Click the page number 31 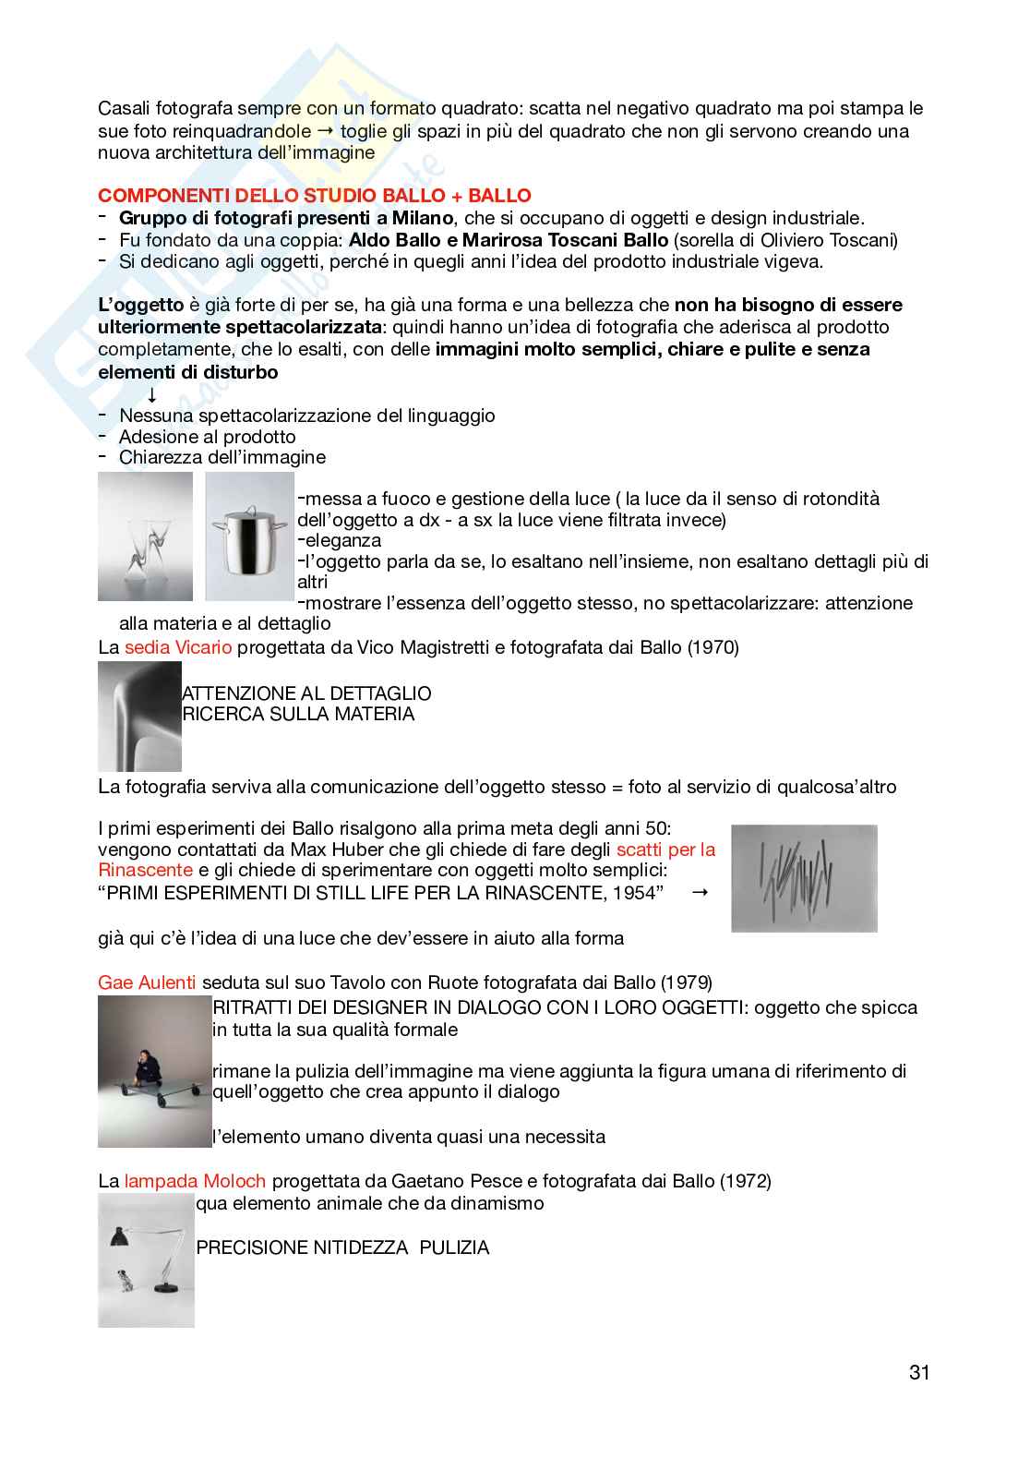pyautogui.click(x=918, y=1372)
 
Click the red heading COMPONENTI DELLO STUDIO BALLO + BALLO pyautogui.click(x=314, y=196)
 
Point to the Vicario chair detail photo pyautogui.click(x=139, y=717)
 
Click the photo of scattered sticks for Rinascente pyautogui.click(x=803, y=878)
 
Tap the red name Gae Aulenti pyautogui.click(x=147, y=982)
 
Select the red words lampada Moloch pyautogui.click(x=195, y=1181)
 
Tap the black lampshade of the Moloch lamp pyautogui.click(x=119, y=1235)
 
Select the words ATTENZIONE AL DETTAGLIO pyautogui.click(x=306, y=693)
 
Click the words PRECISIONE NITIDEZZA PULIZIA pyautogui.click(x=342, y=1247)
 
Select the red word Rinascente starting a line pyautogui.click(x=145, y=870)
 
